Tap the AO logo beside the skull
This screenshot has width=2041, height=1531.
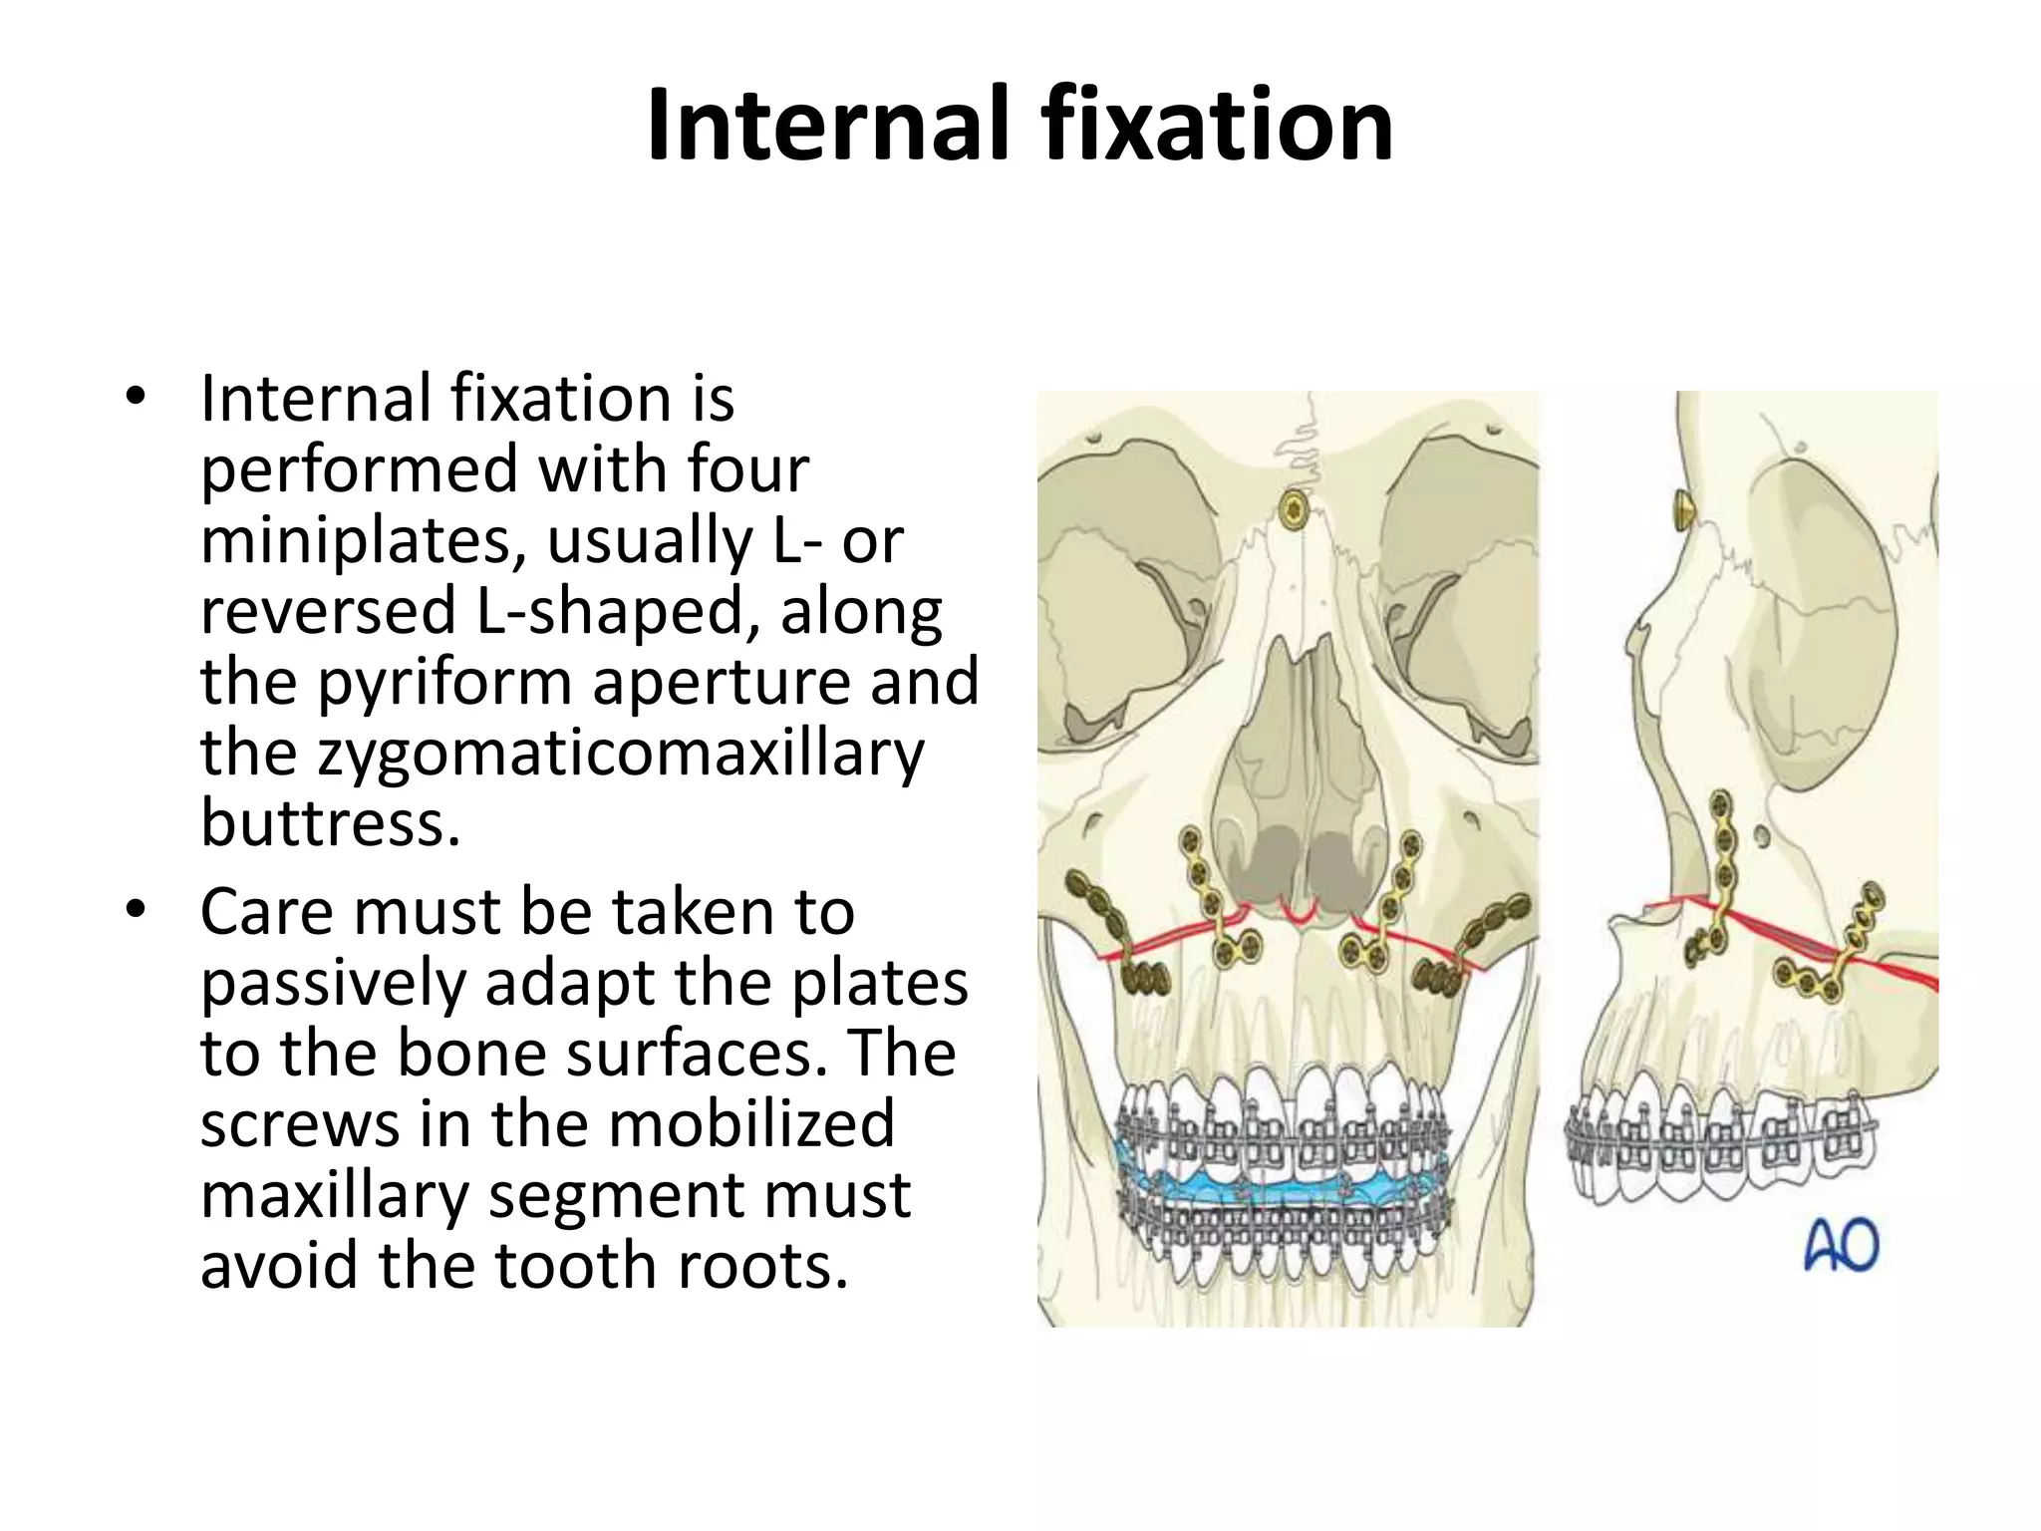pyautogui.click(x=1841, y=1246)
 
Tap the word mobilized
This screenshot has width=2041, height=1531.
pyautogui.click(x=751, y=1124)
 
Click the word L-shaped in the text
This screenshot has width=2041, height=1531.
pyautogui.click(x=609, y=612)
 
